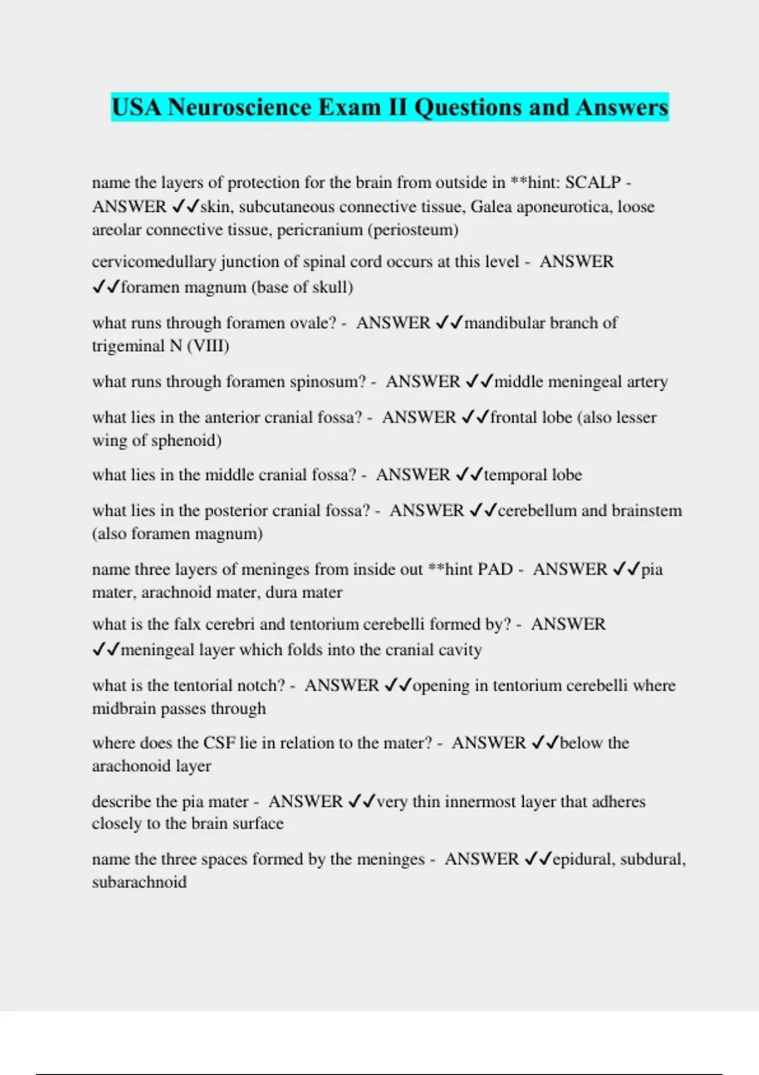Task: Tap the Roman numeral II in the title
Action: tap(397, 107)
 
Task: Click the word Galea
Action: tap(491, 207)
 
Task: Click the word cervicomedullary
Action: tap(154, 262)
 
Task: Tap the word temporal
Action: tap(512, 475)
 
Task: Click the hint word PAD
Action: tap(495, 569)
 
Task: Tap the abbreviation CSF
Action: tap(219, 743)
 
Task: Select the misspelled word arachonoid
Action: tap(130, 766)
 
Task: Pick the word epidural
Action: tap(582, 859)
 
